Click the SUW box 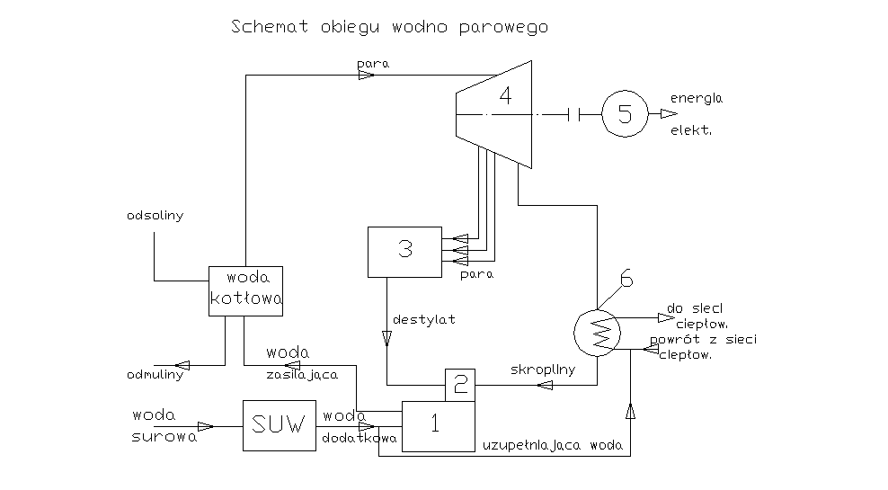click(x=273, y=425)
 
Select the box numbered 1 click(x=438, y=426)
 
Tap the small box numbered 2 click(x=459, y=386)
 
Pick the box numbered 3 click(x=404, y=251)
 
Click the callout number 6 click(x=626, y=280)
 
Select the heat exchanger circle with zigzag click(x=598, y=332)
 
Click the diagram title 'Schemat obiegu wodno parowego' click(x=389, y=27)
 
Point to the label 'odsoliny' click(x=155, y=217)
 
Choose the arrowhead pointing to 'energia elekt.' click(x=666, y=114)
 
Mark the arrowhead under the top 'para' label click(x=367, y=76)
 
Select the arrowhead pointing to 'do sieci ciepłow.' click(x=665, y=316)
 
